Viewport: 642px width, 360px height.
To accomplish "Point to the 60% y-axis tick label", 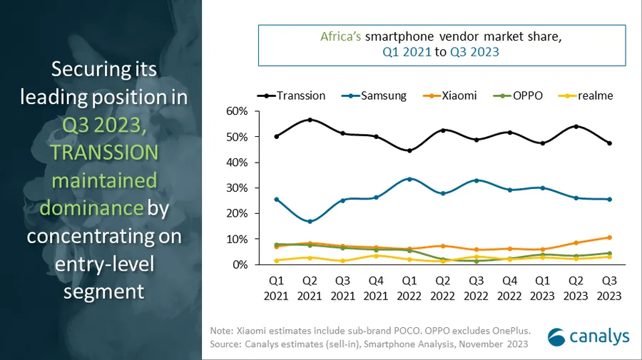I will point(237,111).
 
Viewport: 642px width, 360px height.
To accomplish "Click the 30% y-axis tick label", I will point(237,188).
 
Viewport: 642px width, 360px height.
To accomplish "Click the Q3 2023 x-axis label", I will point(608,288).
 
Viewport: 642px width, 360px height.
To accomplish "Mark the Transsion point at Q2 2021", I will point(310,120).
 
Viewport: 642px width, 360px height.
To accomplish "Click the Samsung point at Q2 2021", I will point(310,222).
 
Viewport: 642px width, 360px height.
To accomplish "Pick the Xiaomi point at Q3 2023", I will point(608,237).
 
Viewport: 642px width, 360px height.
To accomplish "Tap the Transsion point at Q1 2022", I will point(409,150).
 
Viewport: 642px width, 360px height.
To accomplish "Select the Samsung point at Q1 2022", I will point(409,179).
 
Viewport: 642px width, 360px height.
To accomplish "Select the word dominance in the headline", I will point(91,207).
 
